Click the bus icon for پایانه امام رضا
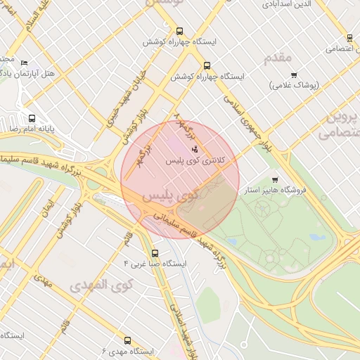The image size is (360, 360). click(32, 118)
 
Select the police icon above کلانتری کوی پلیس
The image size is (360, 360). click(195, 149)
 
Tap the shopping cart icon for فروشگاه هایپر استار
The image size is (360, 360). click(274, 180)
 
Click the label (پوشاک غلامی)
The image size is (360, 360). click(294, 85)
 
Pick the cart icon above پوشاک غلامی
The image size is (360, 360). click(294, 75)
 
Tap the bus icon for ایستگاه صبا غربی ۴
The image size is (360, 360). click(155, 253)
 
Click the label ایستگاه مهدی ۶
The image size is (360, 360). click(127, 350)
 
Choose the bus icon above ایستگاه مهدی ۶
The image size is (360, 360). click(127, 340)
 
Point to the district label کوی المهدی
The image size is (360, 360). click(101, 285)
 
